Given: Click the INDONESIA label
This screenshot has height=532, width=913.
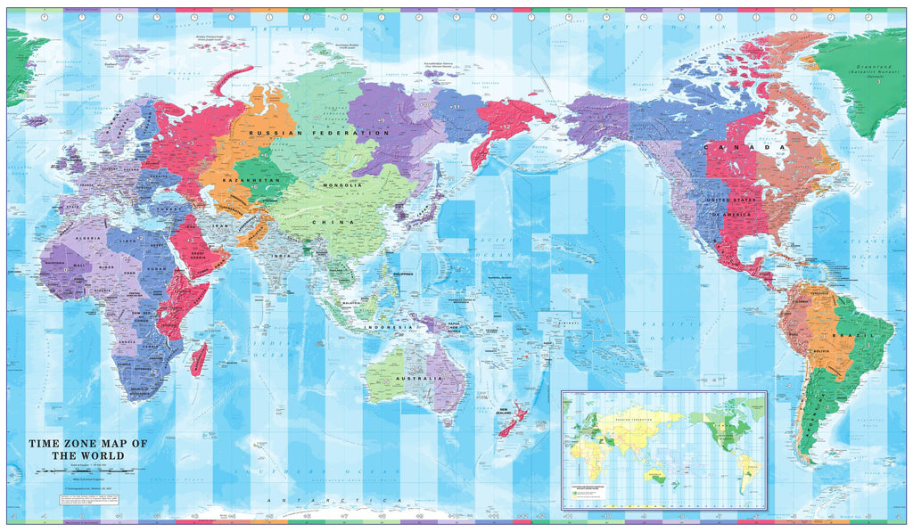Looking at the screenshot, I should pos(388,328).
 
